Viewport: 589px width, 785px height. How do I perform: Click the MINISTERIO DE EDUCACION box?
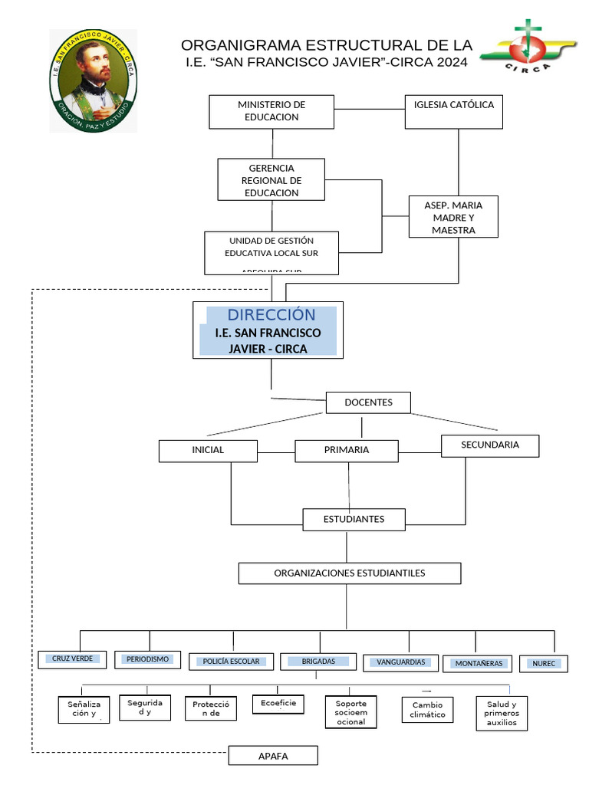tap(271, 111)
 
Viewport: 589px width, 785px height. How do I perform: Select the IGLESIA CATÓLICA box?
tap(453, 111)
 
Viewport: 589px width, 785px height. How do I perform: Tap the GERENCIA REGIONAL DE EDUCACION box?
tap(271, 180)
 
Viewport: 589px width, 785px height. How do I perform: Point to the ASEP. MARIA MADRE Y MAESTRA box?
tap(453, 217)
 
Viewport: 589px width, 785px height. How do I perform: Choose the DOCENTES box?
tap(368, 402)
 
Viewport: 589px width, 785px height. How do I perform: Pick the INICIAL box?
tap(208, 451)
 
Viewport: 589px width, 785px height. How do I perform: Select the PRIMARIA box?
tap(347, 451)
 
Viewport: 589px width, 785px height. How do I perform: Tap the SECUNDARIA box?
tap(490, 445)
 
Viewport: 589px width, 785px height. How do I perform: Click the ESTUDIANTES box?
tap(354, 520)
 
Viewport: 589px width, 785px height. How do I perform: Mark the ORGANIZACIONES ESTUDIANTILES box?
tap(350, 573)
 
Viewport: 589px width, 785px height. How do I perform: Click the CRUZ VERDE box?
tap(73, 659)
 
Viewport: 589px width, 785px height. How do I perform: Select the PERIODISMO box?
tap(147, 659)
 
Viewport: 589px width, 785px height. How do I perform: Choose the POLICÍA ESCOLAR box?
tap(231, 662)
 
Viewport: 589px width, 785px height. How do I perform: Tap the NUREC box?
tap(543, 664)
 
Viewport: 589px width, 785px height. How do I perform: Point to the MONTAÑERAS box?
tap(479, 663)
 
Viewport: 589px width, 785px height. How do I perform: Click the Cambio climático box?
tap(427, 710)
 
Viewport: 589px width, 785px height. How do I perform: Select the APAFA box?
tap(272, 756)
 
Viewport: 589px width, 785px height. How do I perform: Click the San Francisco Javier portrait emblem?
tap(93, 80)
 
